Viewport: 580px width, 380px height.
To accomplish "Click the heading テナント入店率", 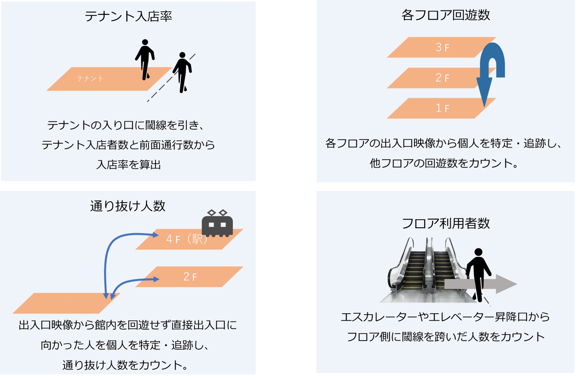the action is click(x=128, y=16).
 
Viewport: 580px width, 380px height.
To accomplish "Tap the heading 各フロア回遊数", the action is click(x=445, y=15).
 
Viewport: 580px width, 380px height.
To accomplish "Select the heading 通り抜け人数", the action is click(x=128, y=206).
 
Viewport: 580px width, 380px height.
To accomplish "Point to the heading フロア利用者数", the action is click(x=445, y=223).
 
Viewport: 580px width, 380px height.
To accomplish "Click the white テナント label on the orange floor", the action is click(x=90, y=78).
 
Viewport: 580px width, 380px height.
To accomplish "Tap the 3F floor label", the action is click(x=442, y=47).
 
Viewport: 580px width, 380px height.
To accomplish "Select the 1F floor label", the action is click(x=442, y=108).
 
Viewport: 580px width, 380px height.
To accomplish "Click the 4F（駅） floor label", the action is click(x=186, y=239).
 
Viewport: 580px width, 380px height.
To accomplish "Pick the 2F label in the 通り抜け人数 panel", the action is click(x=190, y=277).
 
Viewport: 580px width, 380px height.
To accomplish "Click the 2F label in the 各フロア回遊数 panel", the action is click(x=442, y=78).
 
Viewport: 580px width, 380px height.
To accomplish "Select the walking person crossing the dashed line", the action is click(x=182, y=72).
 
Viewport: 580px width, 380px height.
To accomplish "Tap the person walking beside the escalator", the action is click(x=478, y=273).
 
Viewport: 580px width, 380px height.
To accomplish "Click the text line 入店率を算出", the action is click(x=128, y=165).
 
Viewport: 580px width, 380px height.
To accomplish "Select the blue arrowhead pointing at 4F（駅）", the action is click(x=156, y=235).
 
